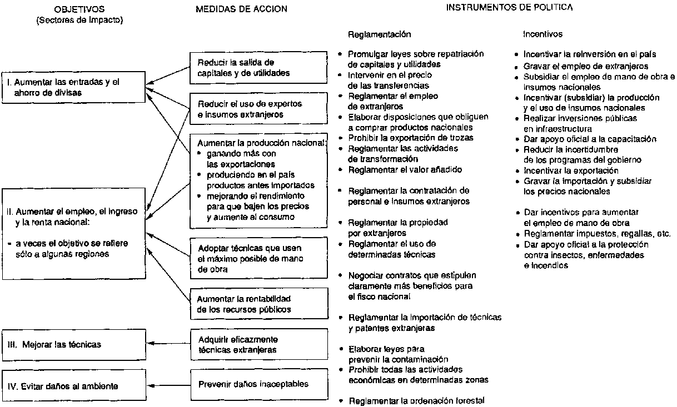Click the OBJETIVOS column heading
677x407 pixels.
coord(79,9)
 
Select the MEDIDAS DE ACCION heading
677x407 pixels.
coord(241,9)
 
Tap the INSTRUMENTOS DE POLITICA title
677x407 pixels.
coord(510,8)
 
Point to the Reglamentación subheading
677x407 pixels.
coord(379,34)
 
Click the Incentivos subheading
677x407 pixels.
coord(542,34)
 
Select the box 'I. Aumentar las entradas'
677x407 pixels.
coord(73,88)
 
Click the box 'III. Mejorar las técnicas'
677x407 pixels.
coord(73,344)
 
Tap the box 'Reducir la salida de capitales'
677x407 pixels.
coord(258,67)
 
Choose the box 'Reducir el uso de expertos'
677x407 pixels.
coord(258,109)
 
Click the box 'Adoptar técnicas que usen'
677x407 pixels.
coord(258,257)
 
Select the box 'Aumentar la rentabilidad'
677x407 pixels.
coord(258,304)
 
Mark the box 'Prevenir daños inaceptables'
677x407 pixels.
coord(258,384)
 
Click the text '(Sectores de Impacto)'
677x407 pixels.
coord(79,20)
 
